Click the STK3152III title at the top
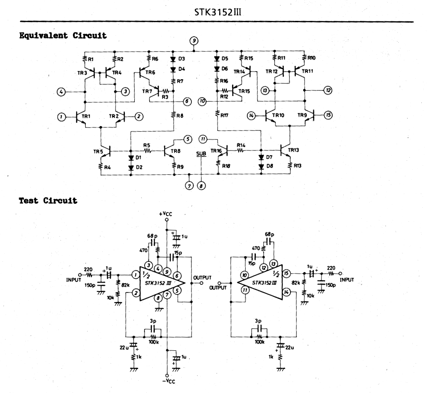(218, 12)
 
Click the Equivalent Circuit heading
(63, 35)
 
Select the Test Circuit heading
(48, 200)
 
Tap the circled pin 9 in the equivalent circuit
(194, 41)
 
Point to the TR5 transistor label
(98, 151)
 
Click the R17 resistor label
(224, 116)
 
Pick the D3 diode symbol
(173, 59)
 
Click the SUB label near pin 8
(201, 154)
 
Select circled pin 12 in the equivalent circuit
(328, 90)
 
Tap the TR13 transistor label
(293, 150)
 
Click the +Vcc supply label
(165, 214)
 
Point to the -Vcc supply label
(167, 381)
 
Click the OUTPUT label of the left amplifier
(203, 277)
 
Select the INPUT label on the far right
(347, 280)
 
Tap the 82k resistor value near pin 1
(125, 285)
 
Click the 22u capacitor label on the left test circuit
(124, 347)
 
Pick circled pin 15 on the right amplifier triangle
(286, 273)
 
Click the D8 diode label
(270, 166)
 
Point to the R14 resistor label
(241, 145)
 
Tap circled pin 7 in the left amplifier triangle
(167, 295)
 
